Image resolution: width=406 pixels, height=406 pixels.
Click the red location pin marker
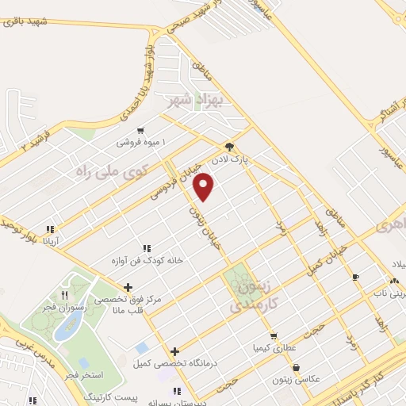[x=205, y=186]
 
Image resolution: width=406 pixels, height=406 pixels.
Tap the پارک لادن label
[x=246, y=159]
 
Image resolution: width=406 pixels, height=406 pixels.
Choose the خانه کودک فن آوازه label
[x=151, y=260]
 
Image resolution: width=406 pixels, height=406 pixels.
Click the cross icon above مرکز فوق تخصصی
[x=128, y=286]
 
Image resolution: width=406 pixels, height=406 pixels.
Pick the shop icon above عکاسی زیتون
[x=296, y=368]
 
